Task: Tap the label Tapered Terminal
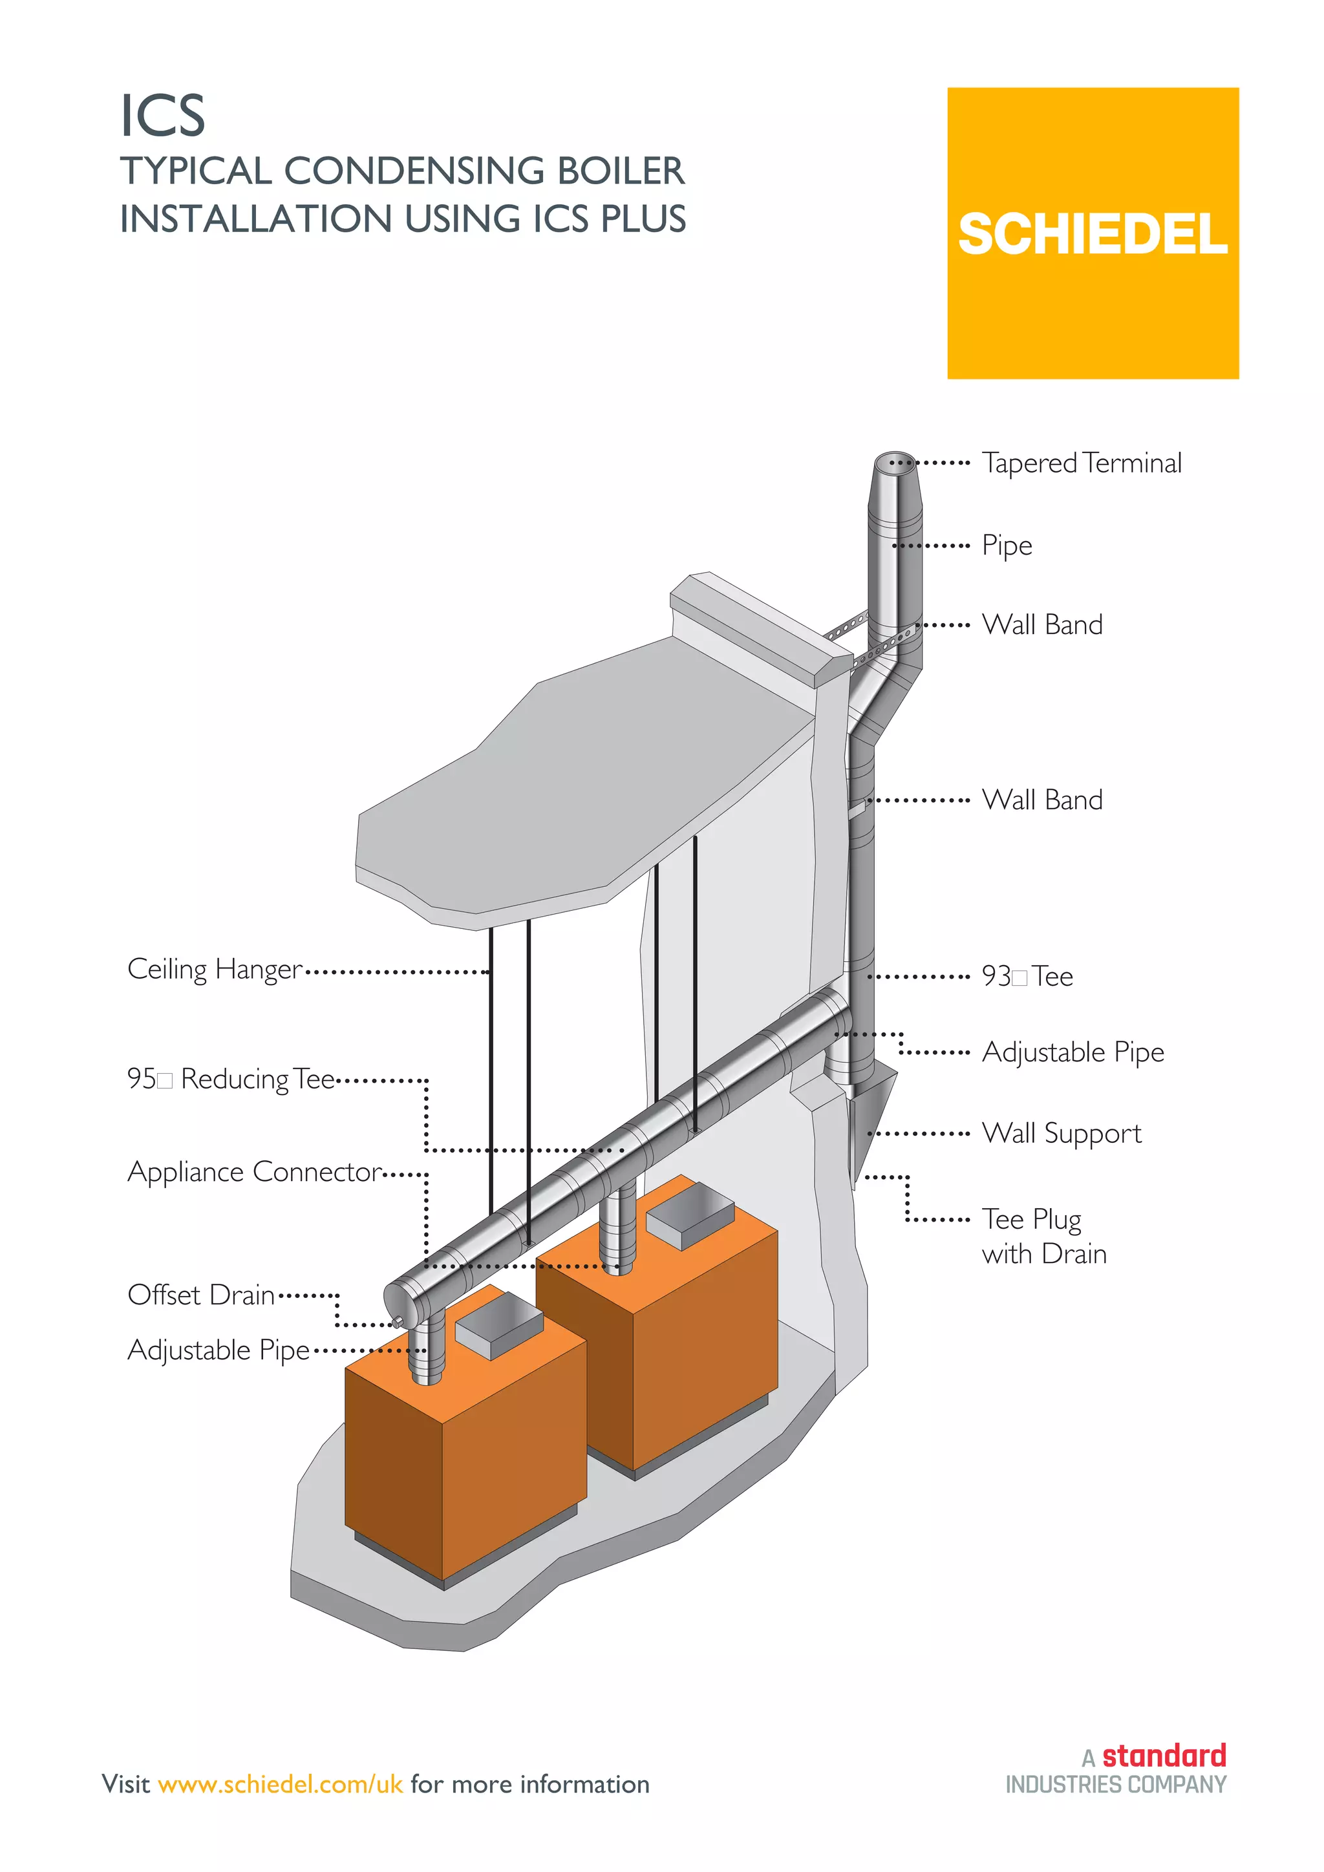1081,463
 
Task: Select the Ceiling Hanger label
215,970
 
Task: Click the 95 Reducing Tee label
231,1079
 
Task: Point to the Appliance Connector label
253,1172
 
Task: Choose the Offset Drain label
200,1295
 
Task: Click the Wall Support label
1061,1133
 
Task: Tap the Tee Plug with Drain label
1043,1236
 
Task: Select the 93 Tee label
1027,976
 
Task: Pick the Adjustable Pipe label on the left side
219,1350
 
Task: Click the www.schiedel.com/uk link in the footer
281,1784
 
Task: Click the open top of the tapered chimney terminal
894,461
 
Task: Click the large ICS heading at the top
162,116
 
